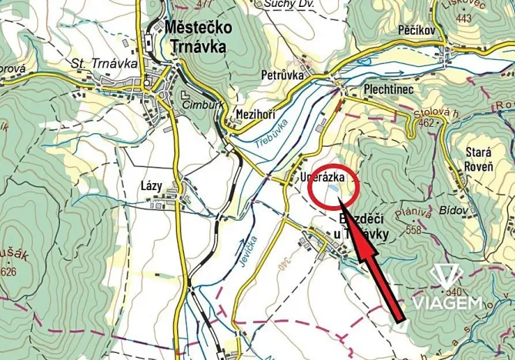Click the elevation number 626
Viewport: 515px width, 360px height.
[8, 272]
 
